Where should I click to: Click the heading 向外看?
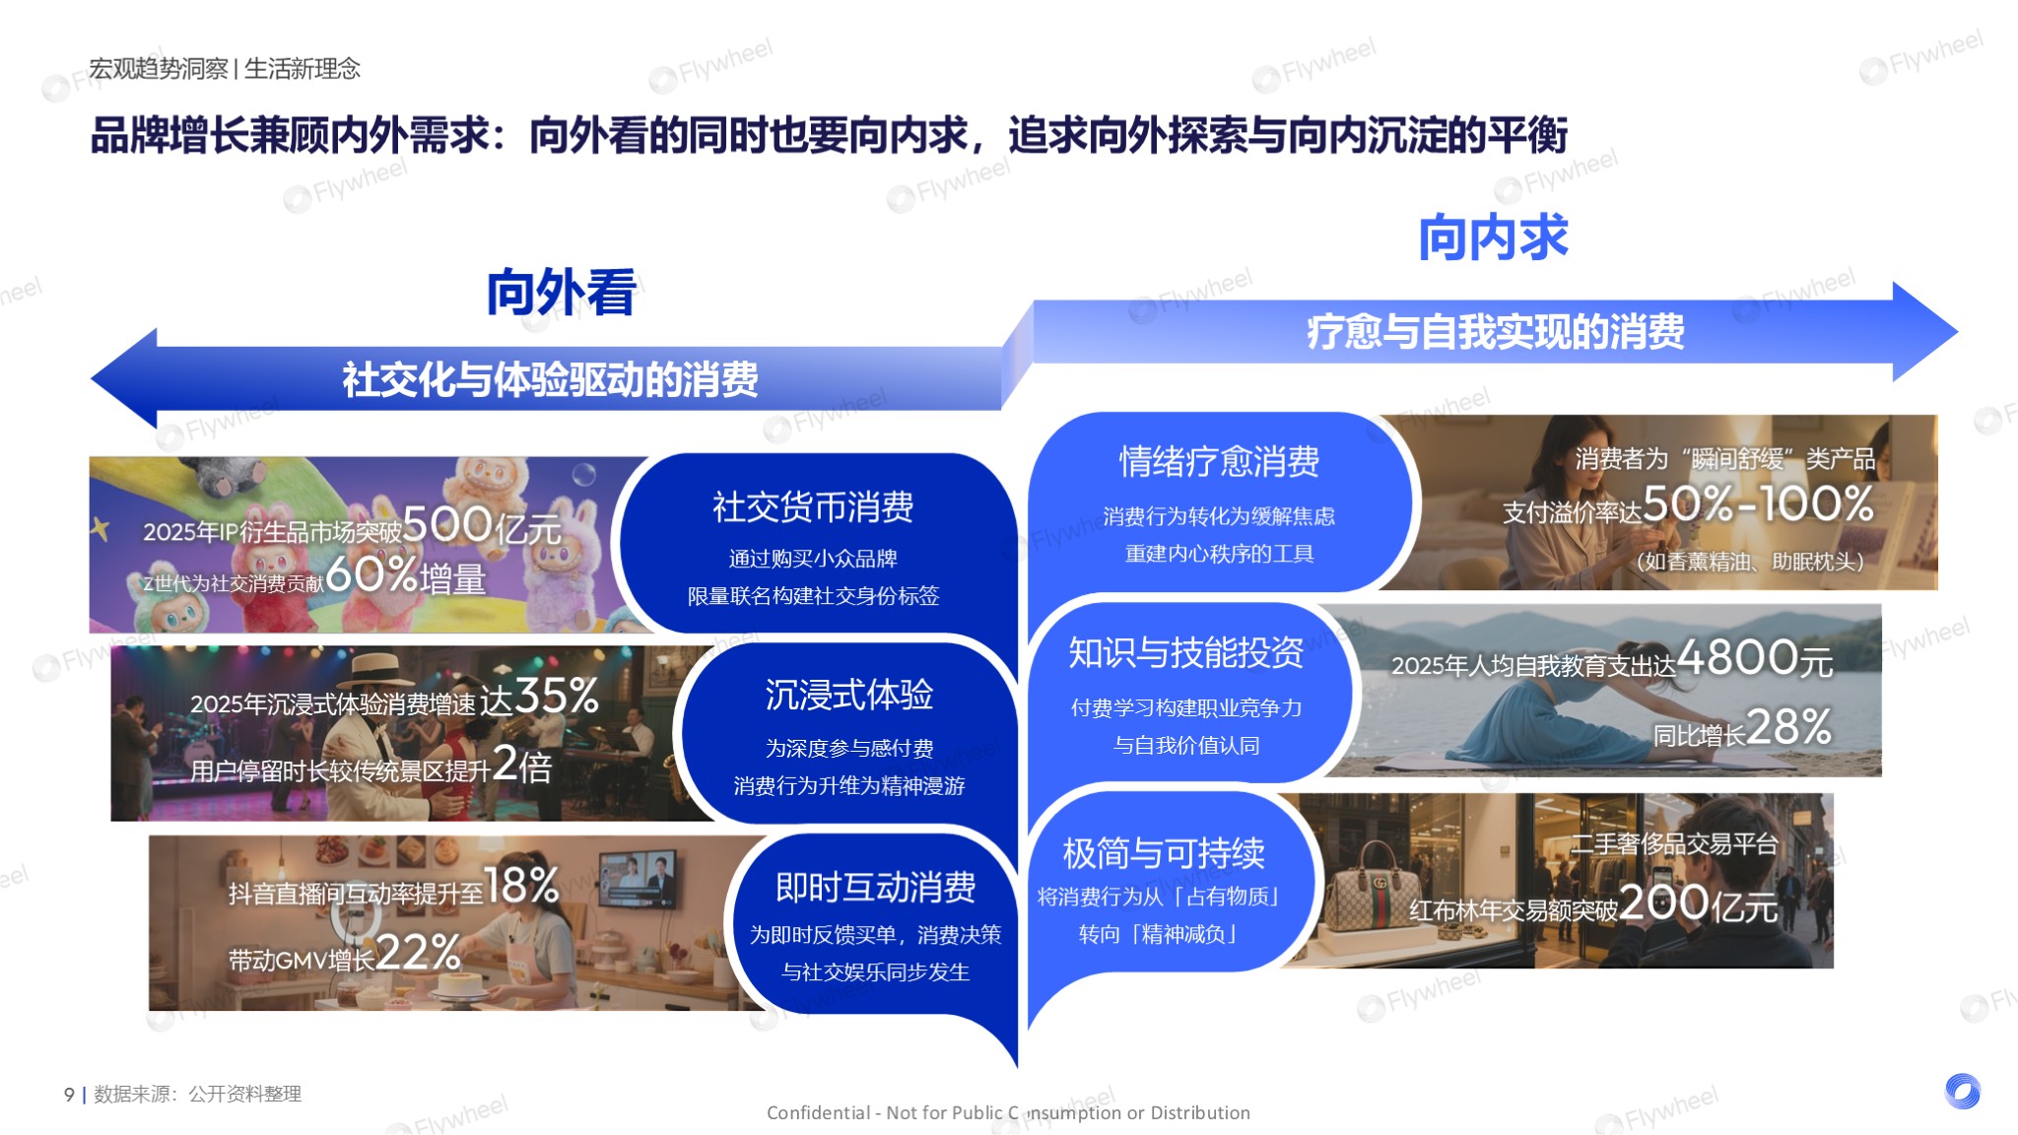click(561, 292)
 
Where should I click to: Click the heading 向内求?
click(1493, 237)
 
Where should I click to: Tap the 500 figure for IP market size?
click(447, 523)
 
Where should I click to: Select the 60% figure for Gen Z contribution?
click(371, 574)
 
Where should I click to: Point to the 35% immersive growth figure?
click(557, 696)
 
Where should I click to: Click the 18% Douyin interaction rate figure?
click(522, 886)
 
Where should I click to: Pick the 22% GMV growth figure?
click(418, 953)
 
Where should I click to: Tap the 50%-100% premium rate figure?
click(1758, 503)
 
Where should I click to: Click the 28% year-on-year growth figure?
click(1788, 727)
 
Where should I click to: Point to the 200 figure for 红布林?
click(1663, 901)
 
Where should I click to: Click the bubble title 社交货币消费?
click(813, 507)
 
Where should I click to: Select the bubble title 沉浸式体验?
click(849, 695)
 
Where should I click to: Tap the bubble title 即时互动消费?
click(875, 887)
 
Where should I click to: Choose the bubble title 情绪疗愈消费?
click(1219, 461)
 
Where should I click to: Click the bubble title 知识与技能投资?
click(1186, 652)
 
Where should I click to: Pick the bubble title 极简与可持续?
click(1164, 853)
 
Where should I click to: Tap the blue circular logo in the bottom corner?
click(1963, 1091)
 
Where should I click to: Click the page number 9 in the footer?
click(69, 1094)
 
